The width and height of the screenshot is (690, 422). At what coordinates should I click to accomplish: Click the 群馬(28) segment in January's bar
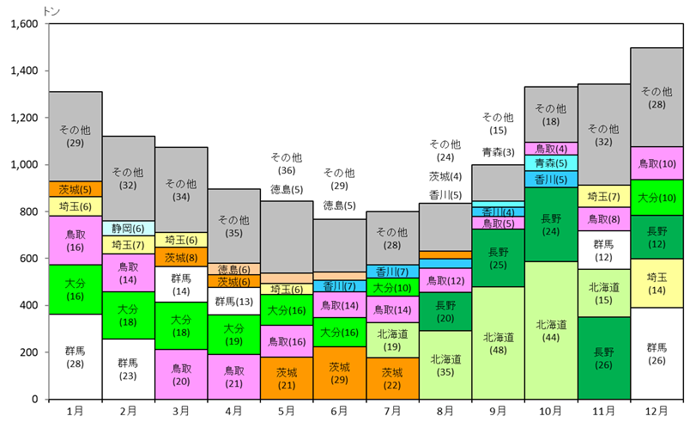pyautogui.click(x=75, y=357)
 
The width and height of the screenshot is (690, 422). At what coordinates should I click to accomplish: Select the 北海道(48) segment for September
pyautogui.click(x=498, y=343)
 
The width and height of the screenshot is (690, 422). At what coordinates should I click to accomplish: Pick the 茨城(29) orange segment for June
pyautogui.click(x=339, y=373)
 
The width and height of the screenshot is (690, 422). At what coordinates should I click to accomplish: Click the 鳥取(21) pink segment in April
pyautogui.click(x=233, y=376)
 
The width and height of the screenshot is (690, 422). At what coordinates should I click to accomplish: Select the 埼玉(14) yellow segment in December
pyautogui.click(x=657, y=284)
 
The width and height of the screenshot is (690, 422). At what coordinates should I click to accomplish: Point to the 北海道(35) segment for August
pyautogui.click(x=445, y=365)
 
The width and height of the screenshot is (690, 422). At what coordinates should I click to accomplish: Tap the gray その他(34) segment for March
pyautogui.click(x=180, y=190)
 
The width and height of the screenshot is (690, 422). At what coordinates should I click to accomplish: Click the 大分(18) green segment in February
pyautogui.click(x=128, y=315)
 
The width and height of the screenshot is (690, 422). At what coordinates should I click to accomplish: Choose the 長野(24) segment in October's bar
pyautogui.click(x=550, y=224)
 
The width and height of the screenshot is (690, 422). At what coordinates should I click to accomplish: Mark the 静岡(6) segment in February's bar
pyautogui.click(x=128, y=229)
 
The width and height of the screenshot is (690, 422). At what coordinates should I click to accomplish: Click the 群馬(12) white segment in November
pyautogui.click(x=603, y=250)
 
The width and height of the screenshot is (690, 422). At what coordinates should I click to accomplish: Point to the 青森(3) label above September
pyautogui.click(x=498, y=152)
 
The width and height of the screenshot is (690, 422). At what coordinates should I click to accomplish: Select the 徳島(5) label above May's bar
pyautogui.click(x=287, y=189)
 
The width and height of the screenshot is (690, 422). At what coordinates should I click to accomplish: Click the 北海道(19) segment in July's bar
pyautogui.click(x=392, y=340)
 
